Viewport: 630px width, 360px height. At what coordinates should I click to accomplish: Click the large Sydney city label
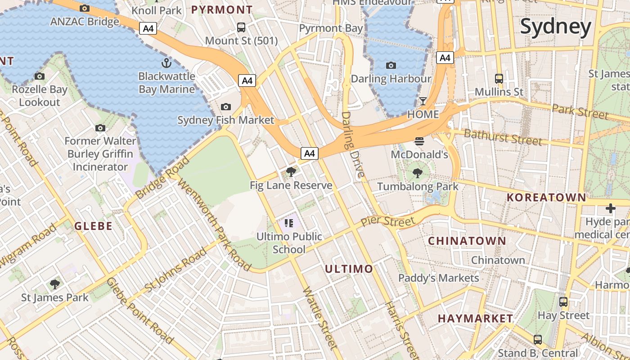pos(555,27)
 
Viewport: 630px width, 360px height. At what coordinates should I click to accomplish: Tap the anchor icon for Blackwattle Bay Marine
pos(166,63)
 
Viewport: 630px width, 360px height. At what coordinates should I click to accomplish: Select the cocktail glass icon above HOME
pos(423,101)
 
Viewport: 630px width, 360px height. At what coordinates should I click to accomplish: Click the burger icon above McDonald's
pos(419,141)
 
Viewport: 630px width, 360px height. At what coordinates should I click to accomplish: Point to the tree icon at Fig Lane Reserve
pos(291,171)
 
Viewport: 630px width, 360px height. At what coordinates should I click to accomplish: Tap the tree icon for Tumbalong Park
pos(418,173)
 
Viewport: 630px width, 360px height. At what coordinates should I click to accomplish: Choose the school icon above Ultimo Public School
pos(289,223)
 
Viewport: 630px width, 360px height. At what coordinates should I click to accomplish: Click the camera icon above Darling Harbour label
pos(391,65)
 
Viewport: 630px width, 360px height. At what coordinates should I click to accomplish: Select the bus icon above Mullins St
pos(499,78)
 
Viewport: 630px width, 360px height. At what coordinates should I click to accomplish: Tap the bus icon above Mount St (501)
pos(241,27)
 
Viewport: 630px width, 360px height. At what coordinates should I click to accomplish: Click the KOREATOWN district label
pos(546,197)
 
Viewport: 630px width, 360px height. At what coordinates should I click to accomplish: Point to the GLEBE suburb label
pos(94,226)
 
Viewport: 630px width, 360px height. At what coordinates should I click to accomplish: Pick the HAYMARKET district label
pos(475,318)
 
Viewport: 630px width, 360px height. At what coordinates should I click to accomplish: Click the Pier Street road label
pos(387,221)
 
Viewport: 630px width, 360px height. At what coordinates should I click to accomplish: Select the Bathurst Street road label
pos(503,136)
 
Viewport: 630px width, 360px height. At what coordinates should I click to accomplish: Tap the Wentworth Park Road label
pos(213,225)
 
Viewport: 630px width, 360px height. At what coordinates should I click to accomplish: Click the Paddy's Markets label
pos(439,278)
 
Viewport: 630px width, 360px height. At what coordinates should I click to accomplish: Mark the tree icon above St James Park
pos(55,284)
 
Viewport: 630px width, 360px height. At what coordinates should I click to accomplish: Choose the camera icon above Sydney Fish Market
pos(226,107)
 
